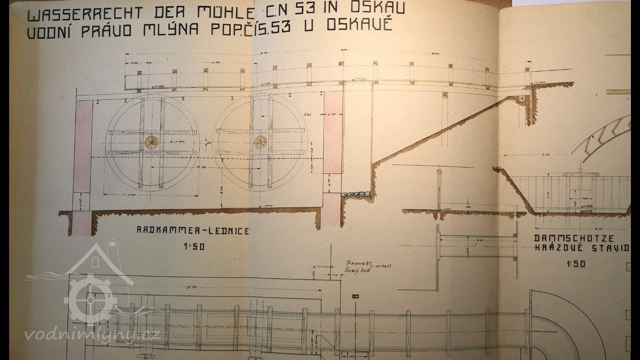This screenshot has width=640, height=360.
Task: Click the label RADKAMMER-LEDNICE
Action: (193, 231)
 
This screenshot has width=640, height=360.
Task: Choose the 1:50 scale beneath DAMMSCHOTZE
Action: (576, 264)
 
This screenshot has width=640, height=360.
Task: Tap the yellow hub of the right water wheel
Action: (260, 142)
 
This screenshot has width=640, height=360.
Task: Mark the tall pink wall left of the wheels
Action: (83, 146)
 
